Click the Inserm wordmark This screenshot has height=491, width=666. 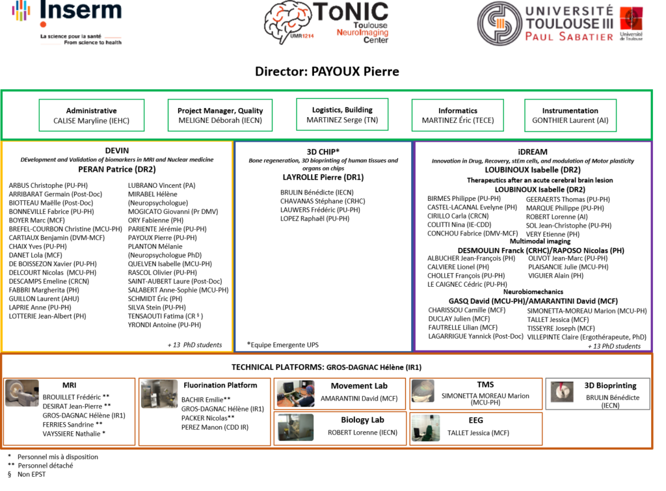pos(81,10)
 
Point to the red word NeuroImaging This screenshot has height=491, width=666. pos(363,32)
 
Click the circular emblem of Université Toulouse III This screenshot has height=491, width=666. pos(499,23)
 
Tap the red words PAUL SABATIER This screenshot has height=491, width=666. pos(569,37)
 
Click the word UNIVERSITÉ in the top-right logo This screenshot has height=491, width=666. pos(569,10)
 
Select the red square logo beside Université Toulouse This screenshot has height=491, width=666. pos(631,23)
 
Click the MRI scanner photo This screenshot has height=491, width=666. pos(22,393)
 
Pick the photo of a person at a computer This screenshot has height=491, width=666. pos(296,393)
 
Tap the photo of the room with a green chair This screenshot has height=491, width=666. pos(425,428)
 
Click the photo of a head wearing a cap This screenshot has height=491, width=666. pos(423,391)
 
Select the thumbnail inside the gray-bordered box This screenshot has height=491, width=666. pos(562,391)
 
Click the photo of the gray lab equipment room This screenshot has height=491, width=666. pos(159,394)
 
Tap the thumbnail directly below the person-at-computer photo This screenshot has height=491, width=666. pos(295,427)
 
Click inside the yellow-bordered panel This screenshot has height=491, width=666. pos(117,246)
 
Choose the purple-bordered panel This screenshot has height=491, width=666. pos(533,246)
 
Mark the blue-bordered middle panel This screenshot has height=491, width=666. pos(323,246)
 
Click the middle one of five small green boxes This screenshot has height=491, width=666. pos(342,114)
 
